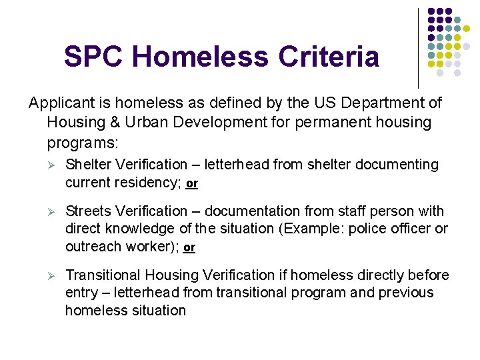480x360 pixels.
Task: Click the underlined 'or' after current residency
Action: pyautogui.click(x=192, y=183)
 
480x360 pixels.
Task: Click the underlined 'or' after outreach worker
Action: pyautogui.click(x=189, y=247)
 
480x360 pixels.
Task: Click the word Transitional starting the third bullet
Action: pyautogui.click(x=102, y=275)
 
